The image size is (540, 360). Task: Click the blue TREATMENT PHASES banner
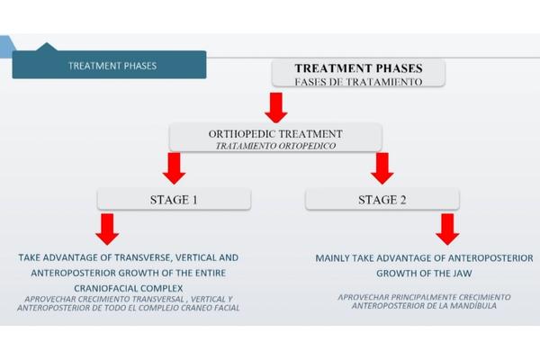pyautogui.click(x=109, y=65)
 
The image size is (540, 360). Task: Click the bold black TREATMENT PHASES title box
pyautogui.click(x=358, y=73)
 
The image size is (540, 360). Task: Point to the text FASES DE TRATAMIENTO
pyautogui.click(x=358, y=82)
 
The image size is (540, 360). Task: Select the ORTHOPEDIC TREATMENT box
pyautogui.click(x=275, y=137)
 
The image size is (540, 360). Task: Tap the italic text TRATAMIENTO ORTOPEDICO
pyautogui.click(x=275, y=146)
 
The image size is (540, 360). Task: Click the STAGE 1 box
pyautogui.click(x=174, y=199)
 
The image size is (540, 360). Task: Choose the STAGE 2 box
pyautogui.click(x=382, y=199)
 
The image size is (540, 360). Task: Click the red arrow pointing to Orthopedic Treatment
pyautogui.click(x=276, y=107)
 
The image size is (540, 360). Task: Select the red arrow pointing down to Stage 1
pyautogui.click(x=174, y=168)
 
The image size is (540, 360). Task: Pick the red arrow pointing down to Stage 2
pyautogui.click(x=382, y=168)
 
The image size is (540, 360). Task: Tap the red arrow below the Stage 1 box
pyautogui.click(x=107, y=229)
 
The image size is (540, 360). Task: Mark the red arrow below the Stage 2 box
pyautogui.click(x=447, y=229)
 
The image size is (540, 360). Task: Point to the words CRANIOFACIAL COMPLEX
pyautogui.click(x=129, y=288)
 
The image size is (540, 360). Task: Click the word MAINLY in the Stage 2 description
pyautogui.click(x=330, y=258)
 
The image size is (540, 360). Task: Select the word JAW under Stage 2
pyautogui.click(x=463, y=274)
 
